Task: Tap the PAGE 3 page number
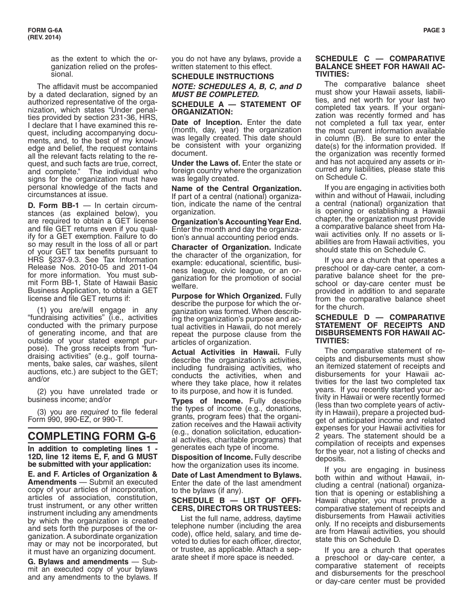tap(434, 30)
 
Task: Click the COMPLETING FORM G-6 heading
tap(92, 436)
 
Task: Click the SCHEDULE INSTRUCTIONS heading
tap(223, 77)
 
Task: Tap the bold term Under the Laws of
tap(206, 163)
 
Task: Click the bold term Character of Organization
tap(221, 247)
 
